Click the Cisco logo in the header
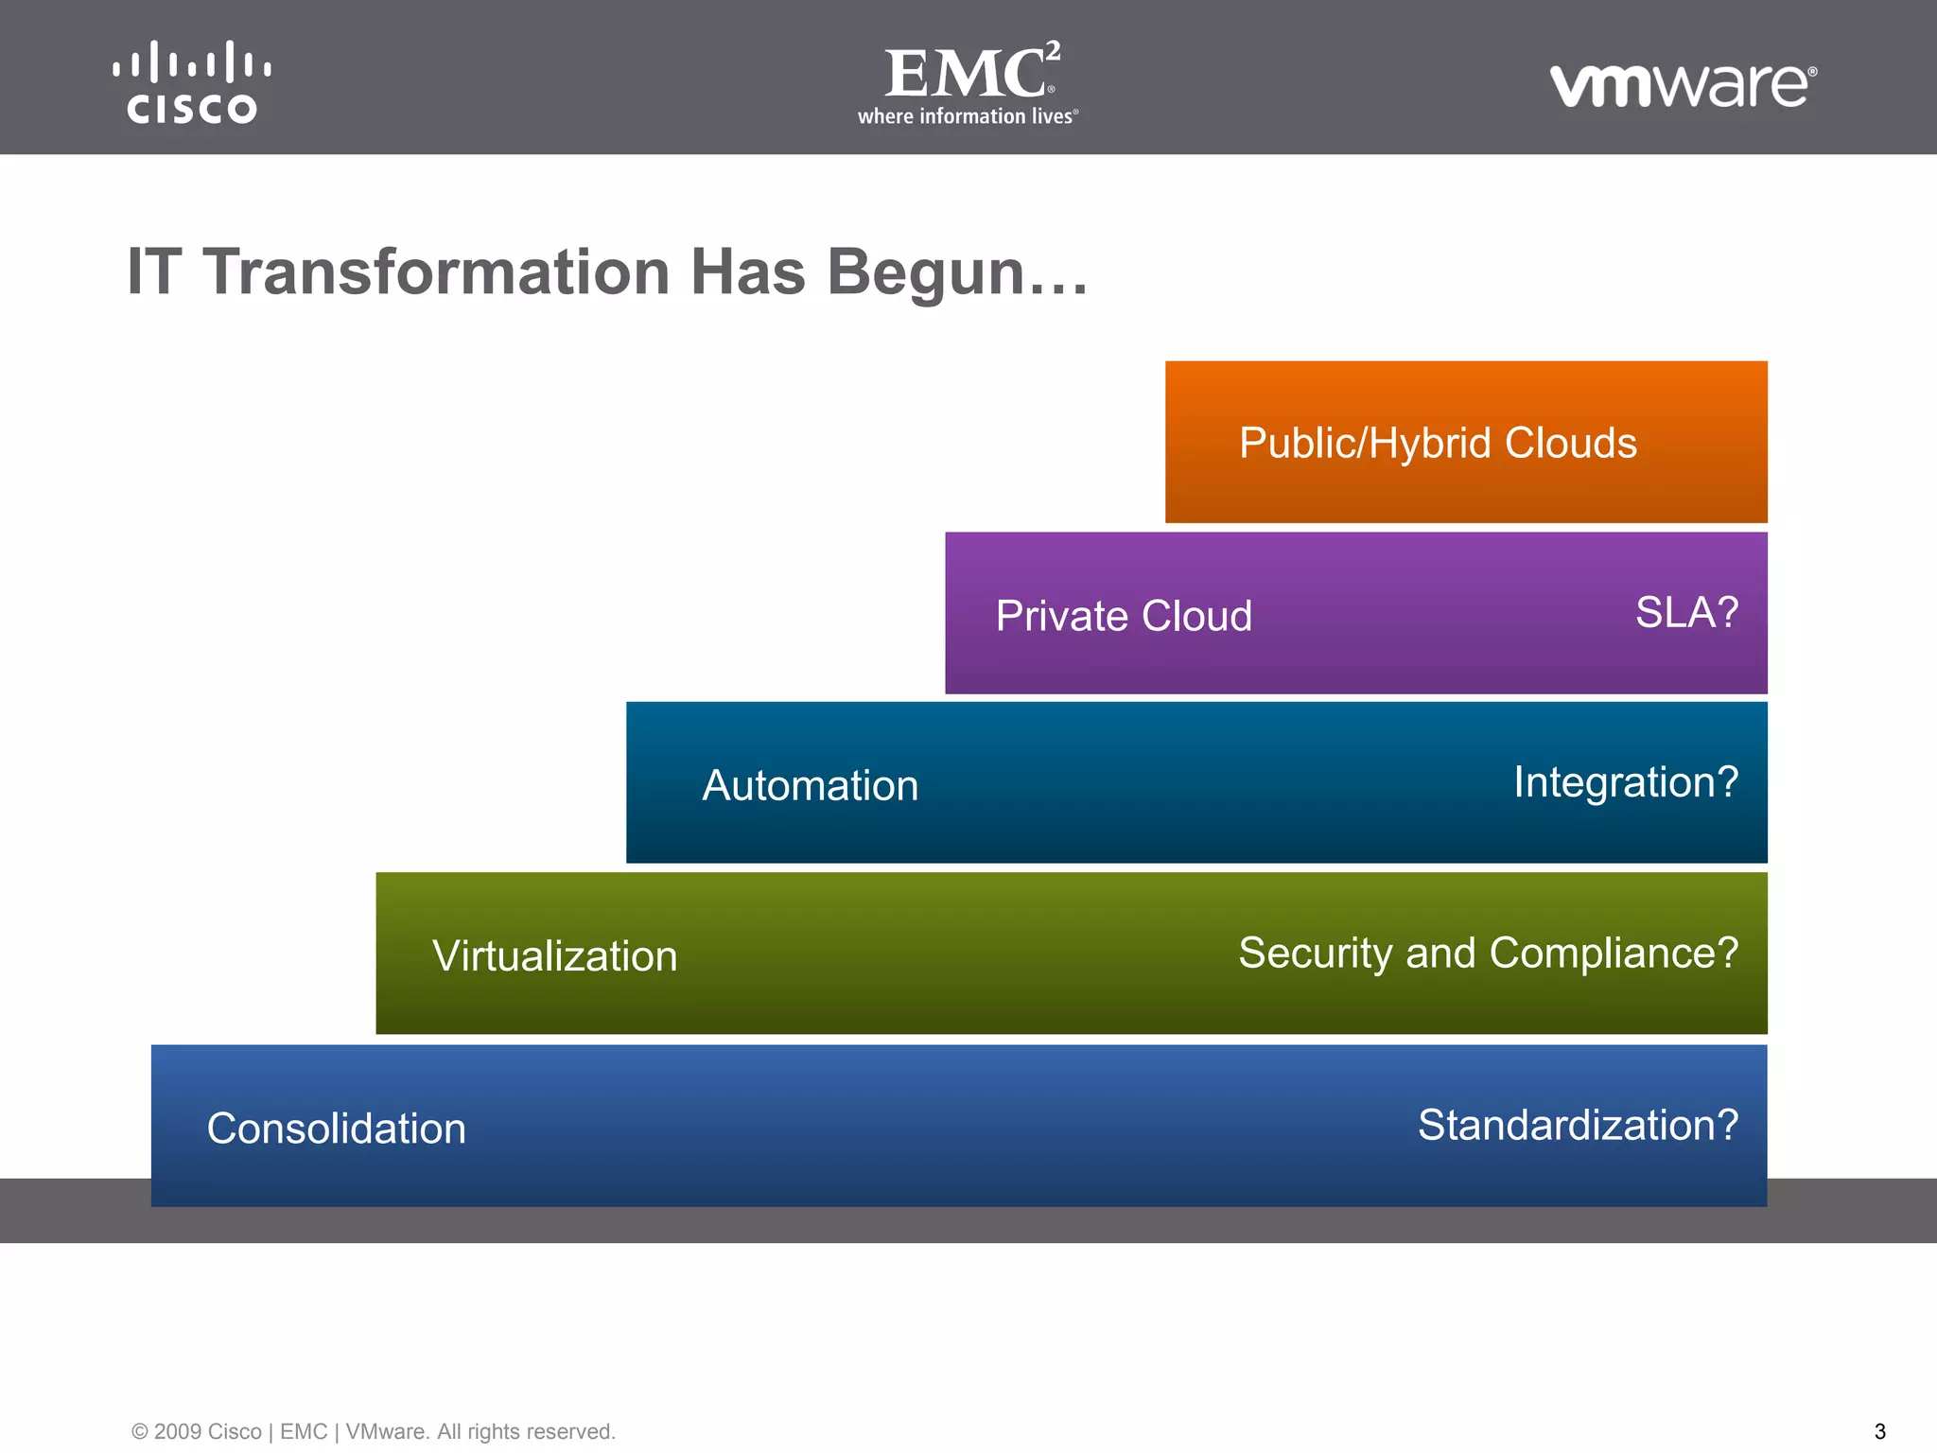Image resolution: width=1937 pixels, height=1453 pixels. [192, 82]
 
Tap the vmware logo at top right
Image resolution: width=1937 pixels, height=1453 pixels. [1682, 85]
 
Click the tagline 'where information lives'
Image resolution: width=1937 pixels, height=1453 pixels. [966, 116]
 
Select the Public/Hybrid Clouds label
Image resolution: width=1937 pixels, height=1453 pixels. [1437, 443]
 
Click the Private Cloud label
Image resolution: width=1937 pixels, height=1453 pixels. [1123, 616]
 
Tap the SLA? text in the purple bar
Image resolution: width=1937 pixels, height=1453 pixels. [1686, 612]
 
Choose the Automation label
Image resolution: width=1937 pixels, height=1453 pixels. [810, 785]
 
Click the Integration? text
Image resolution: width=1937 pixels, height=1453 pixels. [1625, 782]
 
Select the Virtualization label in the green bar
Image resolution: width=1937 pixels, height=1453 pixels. [554, 955]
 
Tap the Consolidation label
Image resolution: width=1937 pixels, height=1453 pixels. [336, 1128]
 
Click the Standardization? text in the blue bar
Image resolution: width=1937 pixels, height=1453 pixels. [1577, 1125]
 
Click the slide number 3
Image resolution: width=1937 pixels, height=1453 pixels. [1879, 1431]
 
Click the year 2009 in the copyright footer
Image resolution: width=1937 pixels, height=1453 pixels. [177, 1431]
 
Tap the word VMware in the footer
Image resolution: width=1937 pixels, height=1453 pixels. [384, 1431]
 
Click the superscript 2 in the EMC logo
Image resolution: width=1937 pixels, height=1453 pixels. [1053, 50]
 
